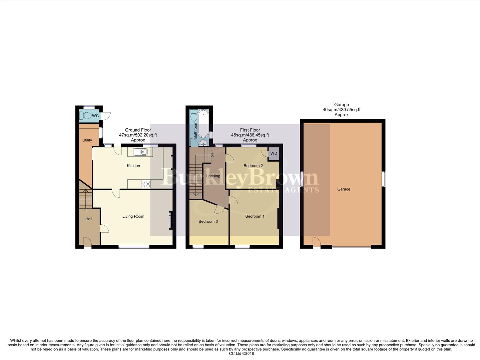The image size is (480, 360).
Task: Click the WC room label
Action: click(x=95, y=116)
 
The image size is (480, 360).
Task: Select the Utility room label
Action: click(x=87, y=140)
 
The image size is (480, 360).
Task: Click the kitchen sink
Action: click(x=140, y=152)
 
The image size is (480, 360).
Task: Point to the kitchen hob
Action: click(x=146, y=184)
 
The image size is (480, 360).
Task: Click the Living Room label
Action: click(x=133, y=216)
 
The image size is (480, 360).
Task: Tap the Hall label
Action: click(x=89, y=219)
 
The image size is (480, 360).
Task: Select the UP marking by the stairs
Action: click(x=85, y=210)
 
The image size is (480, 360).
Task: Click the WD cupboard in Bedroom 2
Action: click(x=273, y=154)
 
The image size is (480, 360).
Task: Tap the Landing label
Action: click(x=213, y=176)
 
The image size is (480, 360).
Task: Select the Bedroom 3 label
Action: click(x=208, y=221)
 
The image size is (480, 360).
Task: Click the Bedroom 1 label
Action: click(x=255, y=216)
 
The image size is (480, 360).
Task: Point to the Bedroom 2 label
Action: click(x=253, y=166)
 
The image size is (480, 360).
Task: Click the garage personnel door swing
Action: click(x=316, y=242)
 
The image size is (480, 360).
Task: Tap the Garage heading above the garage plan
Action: click(x=341, y=105)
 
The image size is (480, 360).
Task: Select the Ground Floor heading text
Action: click(x=138, y=130)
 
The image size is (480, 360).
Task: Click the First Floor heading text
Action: click(x=250, y=130)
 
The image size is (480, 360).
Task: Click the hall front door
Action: click(x=87, y=242)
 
